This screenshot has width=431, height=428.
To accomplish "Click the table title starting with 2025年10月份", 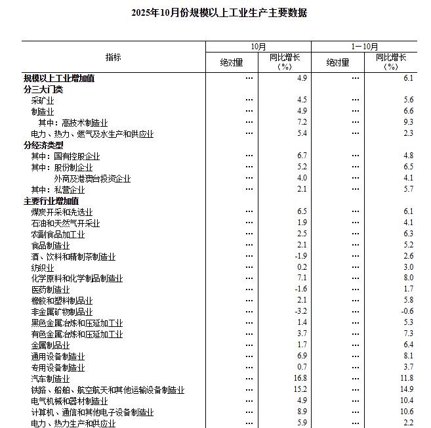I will pyautogui.click(x=218, y=12).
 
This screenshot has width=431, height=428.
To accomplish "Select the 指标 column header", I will pyautogui.click(x=113, y=57).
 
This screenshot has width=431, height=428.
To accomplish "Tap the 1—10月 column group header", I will pyautogui.click(x=364, y=47).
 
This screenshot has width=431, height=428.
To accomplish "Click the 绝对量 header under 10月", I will pyautogui.click(x=231, y=62).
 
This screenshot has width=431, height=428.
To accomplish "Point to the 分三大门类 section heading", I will pyautogui.click(x=43, y=89).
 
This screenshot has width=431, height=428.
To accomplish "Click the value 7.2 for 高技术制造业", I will pyautogui.click(x=302, y=123).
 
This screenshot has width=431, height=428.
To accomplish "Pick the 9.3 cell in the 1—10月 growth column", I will pyautogui.click(x=408, y=123).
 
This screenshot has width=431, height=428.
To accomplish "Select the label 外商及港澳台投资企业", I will pyautogui.click(x=92, y=179).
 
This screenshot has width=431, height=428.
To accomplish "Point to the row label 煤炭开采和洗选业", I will pyautogui.click(x=62, y=212).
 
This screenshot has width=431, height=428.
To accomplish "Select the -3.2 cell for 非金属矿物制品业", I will pyautogui.click(x=300, y=311).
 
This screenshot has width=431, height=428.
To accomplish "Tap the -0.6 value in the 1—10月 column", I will pyautogui.click(x=407, y=311).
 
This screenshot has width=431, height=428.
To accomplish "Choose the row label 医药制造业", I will pyautogui.click(x=50, y=289).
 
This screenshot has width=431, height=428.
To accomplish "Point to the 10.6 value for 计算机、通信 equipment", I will pyautogui.click(x=407, y=412).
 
